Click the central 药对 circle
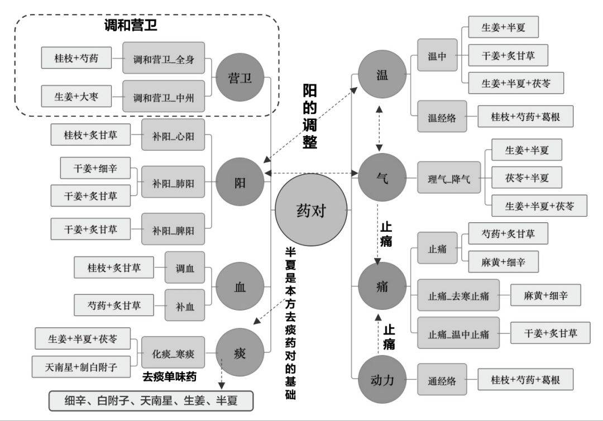(311, 210)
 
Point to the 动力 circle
(382, 380)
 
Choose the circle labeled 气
(382, 178)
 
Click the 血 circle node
(240, 288)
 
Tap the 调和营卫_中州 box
(164, 96)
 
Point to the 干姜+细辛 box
(94, 168)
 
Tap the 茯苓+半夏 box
(527, 178)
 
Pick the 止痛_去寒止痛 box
(458, 295)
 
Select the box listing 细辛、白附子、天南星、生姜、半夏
(151, 400)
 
